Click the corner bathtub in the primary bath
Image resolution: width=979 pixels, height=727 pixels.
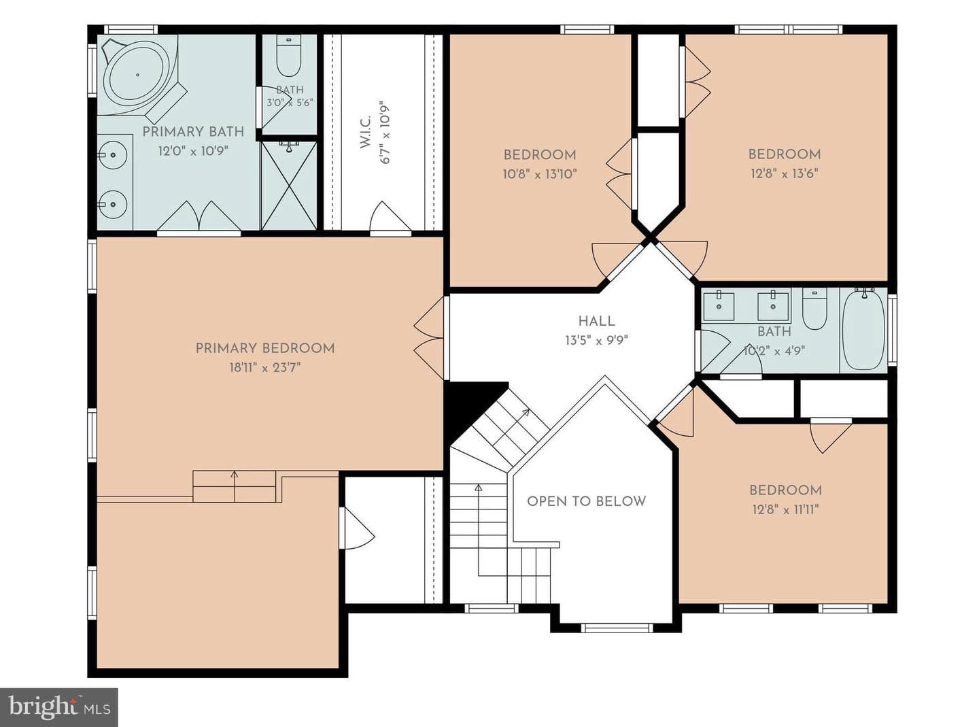click(x=138, y=75)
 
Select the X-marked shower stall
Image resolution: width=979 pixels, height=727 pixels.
click(x=289, y=186)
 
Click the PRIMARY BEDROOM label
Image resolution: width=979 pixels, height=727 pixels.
click(x=265, y=348)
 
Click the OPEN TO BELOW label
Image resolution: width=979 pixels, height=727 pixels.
click(x=587, y=501)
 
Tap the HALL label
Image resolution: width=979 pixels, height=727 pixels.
click(x=597, y=321)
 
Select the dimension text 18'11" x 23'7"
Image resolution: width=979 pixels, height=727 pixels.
click(x=265, y=368)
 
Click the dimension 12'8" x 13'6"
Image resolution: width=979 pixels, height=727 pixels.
click(x=785, y=173)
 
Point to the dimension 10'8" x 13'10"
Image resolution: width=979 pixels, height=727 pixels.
click(x=540, y=174)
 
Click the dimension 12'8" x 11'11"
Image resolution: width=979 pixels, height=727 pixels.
click(x=785, y=510)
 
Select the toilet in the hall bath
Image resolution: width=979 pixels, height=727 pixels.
click(x=814, y=309)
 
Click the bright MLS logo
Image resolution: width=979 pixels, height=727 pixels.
click(x=59, y=707)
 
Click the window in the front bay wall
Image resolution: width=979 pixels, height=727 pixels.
click(x=616, y=628)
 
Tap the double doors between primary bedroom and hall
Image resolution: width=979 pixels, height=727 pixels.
click(x=429, y=338)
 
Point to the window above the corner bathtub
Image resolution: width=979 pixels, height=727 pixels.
click(x=131, y=30)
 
